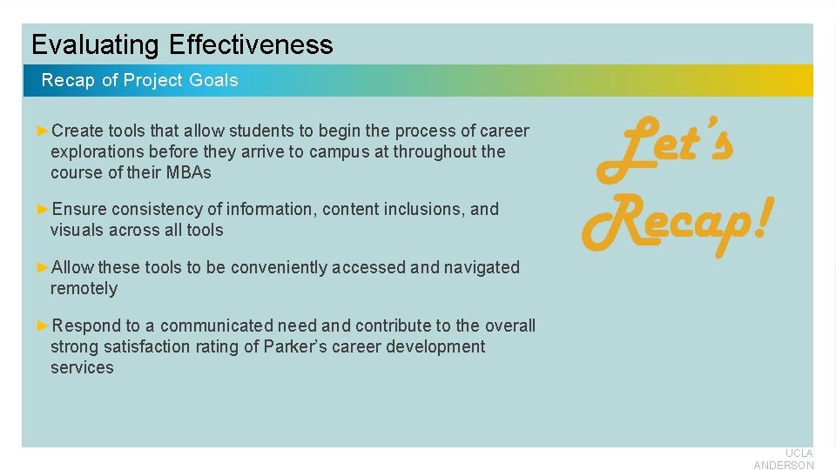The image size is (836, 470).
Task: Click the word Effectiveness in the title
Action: click(x=251, y=44)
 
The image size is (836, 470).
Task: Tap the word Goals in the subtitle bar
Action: click(x=213, y=80)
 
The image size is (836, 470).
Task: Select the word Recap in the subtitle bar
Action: click(x=69, y=80)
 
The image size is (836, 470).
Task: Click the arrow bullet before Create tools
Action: click(x=44, y=131)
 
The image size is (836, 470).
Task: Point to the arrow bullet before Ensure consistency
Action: click(x=44, y=209)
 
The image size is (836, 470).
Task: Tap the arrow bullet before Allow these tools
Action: click(x=44, y=267)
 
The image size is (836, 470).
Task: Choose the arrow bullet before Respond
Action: click(x=44, y=326)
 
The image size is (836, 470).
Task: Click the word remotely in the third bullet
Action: click(x=84, y=288)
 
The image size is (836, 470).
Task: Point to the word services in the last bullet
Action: click(x=82, y=367)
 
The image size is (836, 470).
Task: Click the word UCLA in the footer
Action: click(x=799, y=453)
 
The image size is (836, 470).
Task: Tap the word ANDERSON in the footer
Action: click(x=784, y=465)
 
